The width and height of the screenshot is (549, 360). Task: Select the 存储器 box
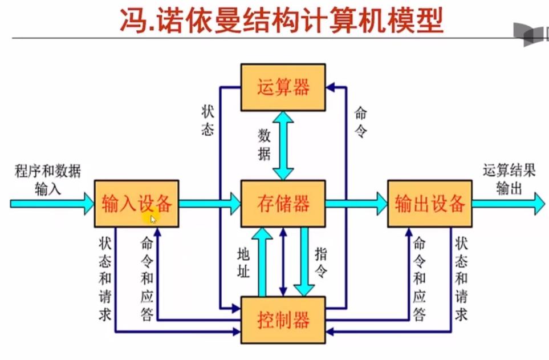pyautogui.click(x=283, y=204)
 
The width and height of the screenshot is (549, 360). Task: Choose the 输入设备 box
pyautogui.click(x=137, y=204)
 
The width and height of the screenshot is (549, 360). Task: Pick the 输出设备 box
pyautogui.click(x=430, y=204)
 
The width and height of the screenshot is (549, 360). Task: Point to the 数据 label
pyautogui.click(x=264, y=145)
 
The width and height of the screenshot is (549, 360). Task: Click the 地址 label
pyautogui.click(x=243, y=262)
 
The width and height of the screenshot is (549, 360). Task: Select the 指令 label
pyautogui.click(x=322, y=262)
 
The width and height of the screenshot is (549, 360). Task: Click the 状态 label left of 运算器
pyautogui.click(x=208, y=120)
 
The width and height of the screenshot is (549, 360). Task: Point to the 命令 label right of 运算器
pyautogui.click(x=360, y=122)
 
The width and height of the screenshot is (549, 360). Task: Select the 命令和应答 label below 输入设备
pyautogui.click(x=147, y=279)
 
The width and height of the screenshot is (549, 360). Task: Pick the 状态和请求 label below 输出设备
pyautogui.click(x=461, y=279)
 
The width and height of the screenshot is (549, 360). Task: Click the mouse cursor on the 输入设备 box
pyautogui.click(x=153, y=218)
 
